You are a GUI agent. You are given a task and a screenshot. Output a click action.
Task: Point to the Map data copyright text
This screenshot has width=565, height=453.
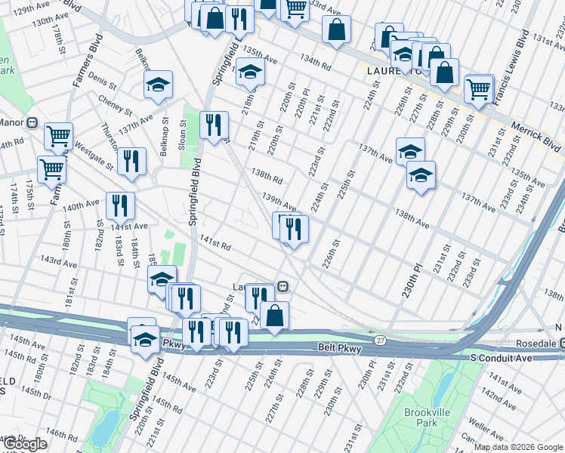518,447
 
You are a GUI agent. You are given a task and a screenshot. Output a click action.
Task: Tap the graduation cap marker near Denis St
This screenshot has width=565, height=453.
158,85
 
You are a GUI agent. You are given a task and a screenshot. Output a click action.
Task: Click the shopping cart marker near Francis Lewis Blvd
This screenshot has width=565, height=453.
479,88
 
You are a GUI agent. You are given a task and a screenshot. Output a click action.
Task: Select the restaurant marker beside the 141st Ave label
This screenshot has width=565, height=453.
120,205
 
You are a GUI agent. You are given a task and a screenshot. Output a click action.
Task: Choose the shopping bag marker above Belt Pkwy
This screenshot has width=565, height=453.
274,316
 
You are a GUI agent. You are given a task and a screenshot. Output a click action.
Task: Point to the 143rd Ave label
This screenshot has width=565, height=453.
59,261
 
